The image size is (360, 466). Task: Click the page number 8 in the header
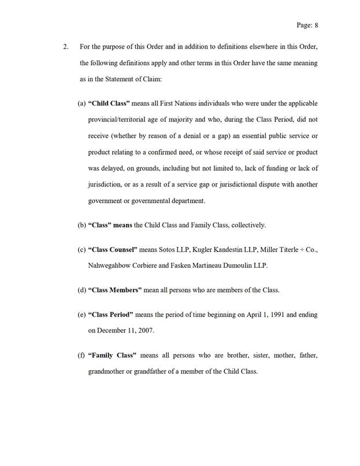point(316,25)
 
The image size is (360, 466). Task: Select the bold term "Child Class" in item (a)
point(106,103)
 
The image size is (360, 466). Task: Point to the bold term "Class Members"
point(112,289)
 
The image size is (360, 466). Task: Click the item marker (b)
point(81,225)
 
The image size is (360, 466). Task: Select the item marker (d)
point(81,289)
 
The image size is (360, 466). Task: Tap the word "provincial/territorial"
point(116,120)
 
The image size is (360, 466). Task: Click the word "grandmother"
point(107,371)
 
